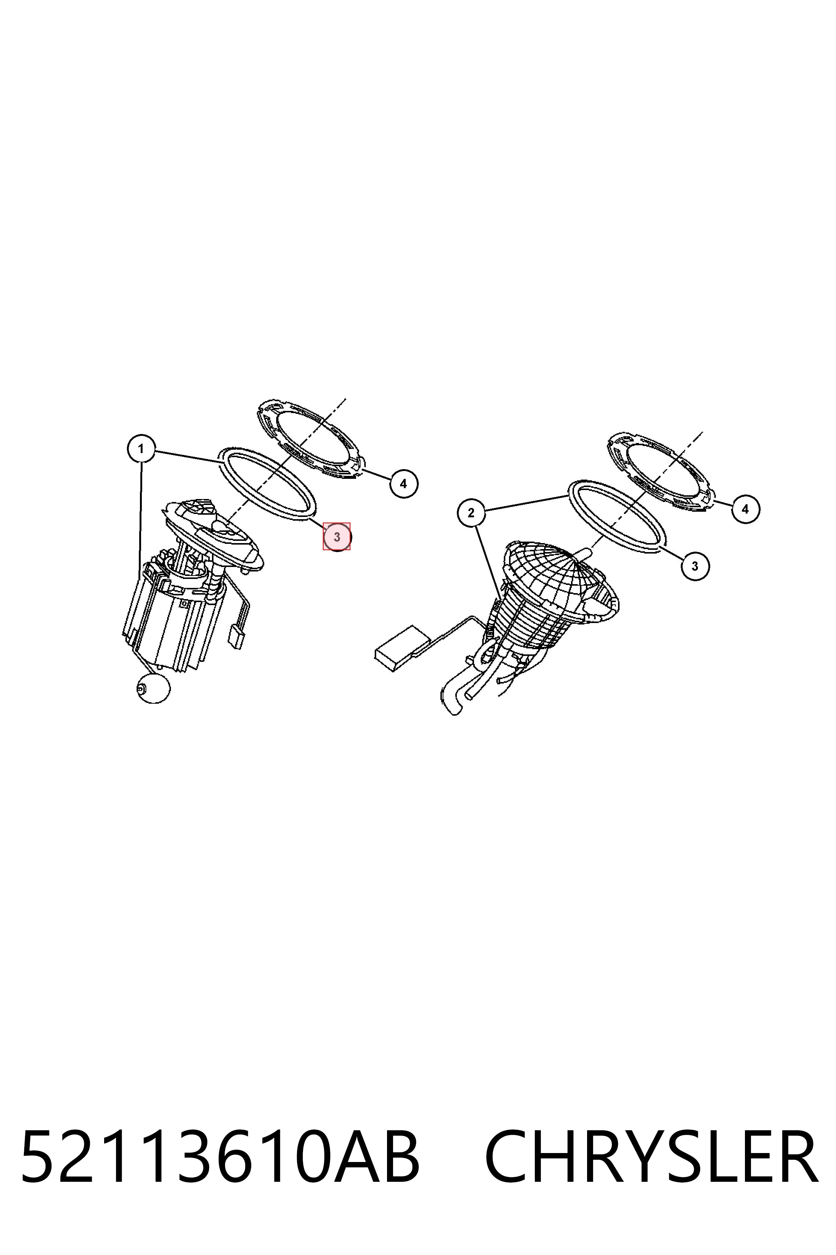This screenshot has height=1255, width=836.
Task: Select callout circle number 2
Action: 471,513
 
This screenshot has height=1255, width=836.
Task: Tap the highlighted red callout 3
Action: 336,537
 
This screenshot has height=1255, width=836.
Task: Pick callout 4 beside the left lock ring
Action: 403,483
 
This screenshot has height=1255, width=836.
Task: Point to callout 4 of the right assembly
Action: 745,509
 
